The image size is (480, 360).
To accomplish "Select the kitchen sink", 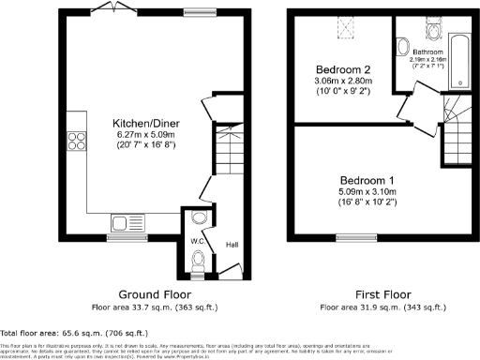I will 123,222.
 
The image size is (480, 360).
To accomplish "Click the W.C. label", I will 198,242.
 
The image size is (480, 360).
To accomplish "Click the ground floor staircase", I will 226,149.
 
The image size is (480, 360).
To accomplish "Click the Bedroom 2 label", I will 343,69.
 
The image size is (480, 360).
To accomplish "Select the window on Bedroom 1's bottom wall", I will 352,236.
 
